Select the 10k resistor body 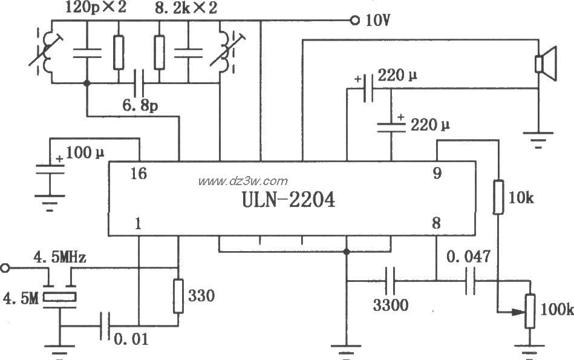(x=499, y=197)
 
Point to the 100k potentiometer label (x=556, y=310)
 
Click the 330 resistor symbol (x=178, y=296)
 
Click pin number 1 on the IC (x=139, y=224)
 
